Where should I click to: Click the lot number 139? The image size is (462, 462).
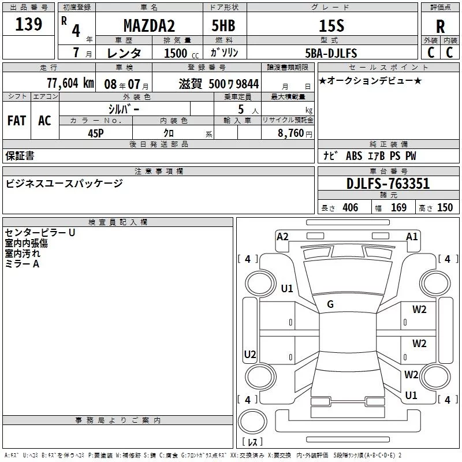(x=29, y=24)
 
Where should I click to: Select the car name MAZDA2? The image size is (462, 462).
(x=149, y=26)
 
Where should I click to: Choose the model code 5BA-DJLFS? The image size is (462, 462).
(x=331, y=53)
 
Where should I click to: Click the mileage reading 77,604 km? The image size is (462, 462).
(x=70, y=83)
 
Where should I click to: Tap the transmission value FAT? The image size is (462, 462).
(x=17, y=121)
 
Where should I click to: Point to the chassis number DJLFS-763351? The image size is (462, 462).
(x=388, y=184)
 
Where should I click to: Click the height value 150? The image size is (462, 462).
(x=445, y=208)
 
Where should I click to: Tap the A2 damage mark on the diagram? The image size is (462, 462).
(x=282, y=236)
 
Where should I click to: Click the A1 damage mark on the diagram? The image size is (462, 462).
(x=412, y=236)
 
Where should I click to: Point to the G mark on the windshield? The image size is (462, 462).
(x=330, y=304)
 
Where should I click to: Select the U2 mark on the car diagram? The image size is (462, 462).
(x=250, y=354)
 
